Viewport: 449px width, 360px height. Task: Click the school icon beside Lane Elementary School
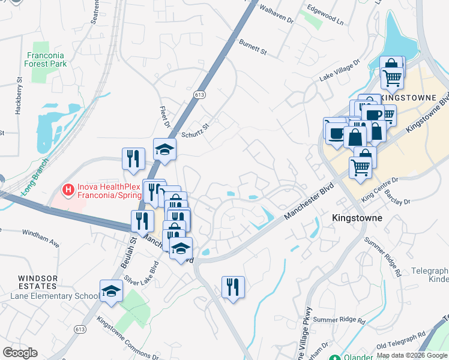click(x=111, y=291)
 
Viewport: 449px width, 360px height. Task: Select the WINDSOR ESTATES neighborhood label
click(x=38, y=282)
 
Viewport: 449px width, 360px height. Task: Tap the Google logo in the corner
click(x=20, y=353)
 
